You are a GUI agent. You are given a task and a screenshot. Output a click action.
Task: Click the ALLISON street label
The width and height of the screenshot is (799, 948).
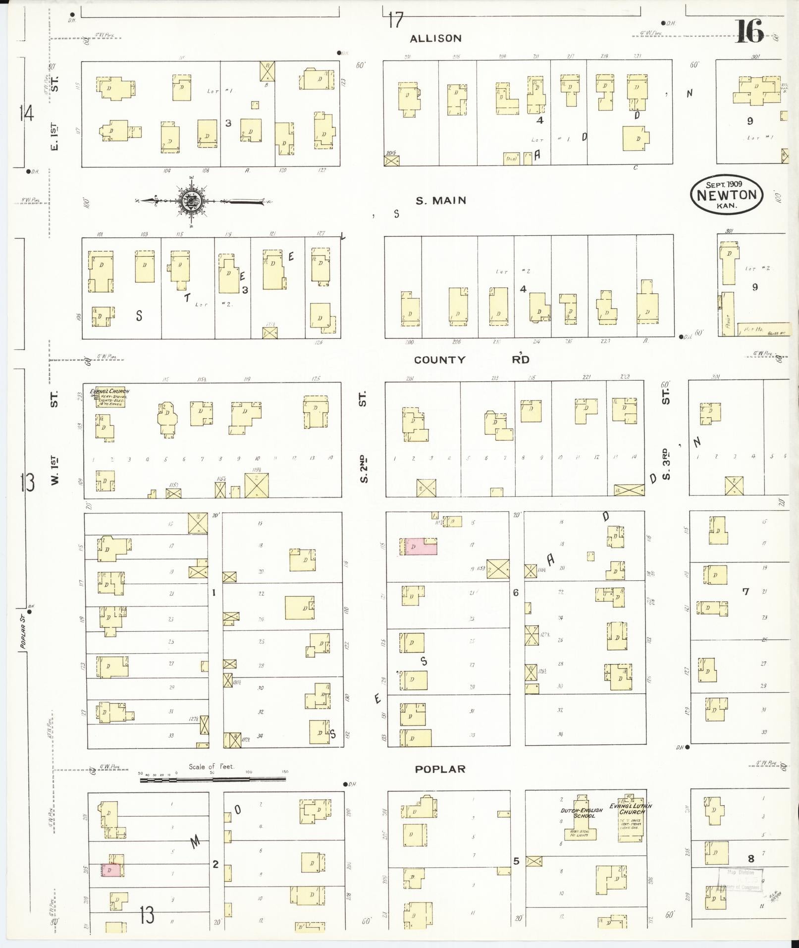435,39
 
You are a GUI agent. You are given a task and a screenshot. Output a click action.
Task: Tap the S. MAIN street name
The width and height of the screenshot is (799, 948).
440,201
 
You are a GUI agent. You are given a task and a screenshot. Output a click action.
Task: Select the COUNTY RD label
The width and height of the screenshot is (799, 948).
471,360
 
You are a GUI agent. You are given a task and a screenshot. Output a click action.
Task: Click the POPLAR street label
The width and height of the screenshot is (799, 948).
440,769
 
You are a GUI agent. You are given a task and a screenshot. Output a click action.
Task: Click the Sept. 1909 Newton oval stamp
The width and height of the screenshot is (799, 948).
726,194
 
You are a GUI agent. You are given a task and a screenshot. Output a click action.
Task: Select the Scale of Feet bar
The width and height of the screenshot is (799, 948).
213,780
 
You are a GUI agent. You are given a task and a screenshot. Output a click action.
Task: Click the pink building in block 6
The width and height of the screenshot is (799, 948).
419,547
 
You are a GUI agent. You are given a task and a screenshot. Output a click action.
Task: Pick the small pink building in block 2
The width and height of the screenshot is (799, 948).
111,870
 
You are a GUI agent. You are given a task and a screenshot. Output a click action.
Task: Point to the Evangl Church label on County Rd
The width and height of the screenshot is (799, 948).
109,391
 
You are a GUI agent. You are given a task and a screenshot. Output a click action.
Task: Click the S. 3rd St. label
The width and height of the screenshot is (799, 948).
666,463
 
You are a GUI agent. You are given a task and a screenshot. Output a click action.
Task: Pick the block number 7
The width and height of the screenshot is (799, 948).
746,591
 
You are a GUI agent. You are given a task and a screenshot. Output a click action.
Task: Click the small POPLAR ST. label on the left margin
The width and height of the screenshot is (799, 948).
22,637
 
